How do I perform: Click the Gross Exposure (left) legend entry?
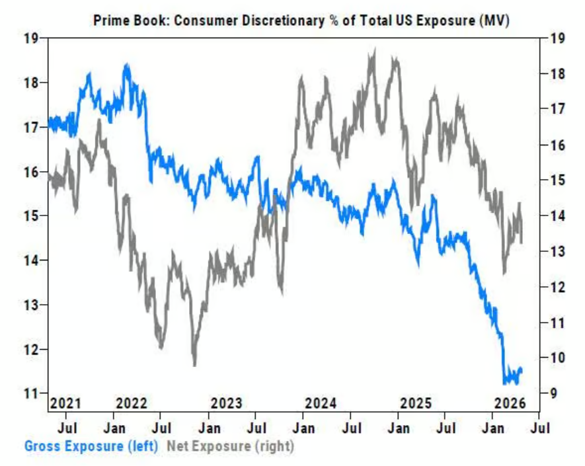[91, 446]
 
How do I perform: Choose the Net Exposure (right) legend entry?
[230, 446]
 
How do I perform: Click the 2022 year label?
[131, 403]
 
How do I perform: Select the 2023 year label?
[227, 403]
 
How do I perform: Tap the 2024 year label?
[321, 403]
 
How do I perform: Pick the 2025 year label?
[416, 403]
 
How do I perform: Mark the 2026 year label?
[510, 403]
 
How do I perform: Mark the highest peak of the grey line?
[373, 50]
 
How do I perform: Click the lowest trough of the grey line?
[194, 364]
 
